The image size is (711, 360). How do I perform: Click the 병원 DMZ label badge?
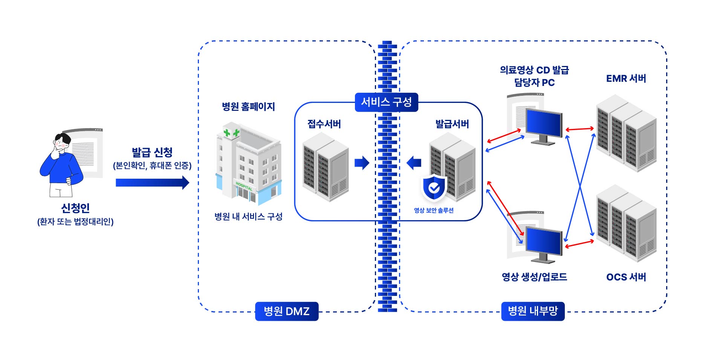(286, 311)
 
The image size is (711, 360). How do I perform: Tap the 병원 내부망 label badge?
(532, 311)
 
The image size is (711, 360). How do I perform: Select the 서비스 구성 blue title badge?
(386, 102)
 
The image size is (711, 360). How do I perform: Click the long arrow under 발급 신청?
(152, 182)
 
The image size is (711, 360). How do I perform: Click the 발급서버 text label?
(452, 124)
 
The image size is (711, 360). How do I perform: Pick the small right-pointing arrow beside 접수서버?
(362, 163)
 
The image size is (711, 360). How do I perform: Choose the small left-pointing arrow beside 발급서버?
(414, 163)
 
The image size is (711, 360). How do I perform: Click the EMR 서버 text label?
(626, 78)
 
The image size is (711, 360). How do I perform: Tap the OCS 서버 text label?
(626, 277)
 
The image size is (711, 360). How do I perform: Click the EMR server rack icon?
(626, 133)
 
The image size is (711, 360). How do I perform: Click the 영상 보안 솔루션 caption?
(434, 210)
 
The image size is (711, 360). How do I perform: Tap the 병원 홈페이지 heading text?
(248, 107)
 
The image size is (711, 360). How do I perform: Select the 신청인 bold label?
(75, 208)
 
